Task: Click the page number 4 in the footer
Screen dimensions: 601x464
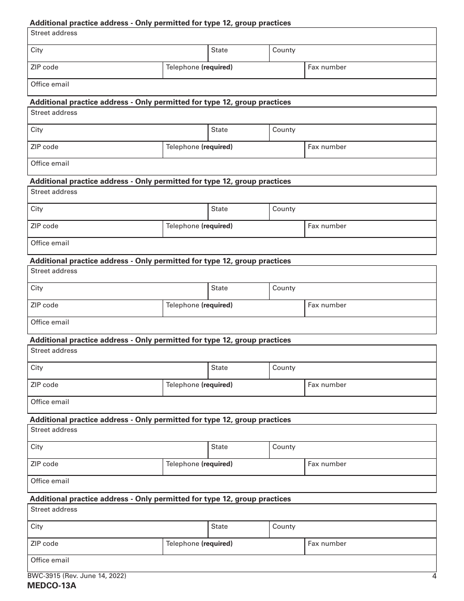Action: tap(434, 576)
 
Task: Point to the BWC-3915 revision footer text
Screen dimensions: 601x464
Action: tap(77, 576)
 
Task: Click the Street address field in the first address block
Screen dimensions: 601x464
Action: tap(232, 36)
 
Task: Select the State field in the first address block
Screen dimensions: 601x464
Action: tap(238, 53)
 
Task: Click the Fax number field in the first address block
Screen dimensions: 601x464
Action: tap(370, 70)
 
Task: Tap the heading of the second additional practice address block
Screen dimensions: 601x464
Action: tap(160, 102)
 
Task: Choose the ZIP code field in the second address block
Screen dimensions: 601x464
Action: tap(95, 150)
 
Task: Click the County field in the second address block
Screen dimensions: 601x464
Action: tap(353, 133)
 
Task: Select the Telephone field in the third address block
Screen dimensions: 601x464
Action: tap(233, 229)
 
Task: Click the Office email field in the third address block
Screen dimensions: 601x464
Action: tap(232, 246)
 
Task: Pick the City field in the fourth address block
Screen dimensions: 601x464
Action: tap(118, 291)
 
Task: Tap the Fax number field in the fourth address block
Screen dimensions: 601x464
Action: tap(370, 308)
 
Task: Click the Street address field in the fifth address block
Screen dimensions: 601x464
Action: tap(232, 354)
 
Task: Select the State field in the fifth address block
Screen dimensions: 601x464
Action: tap(238, 371)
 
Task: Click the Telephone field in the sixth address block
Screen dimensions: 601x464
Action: tap(233, 467)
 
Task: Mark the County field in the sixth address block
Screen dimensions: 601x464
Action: tap(353, 450)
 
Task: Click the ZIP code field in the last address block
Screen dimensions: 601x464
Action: tap(95, 547)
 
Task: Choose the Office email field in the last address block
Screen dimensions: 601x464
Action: tap(232, 563)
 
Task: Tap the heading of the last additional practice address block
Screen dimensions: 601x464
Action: tap(160, 499)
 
